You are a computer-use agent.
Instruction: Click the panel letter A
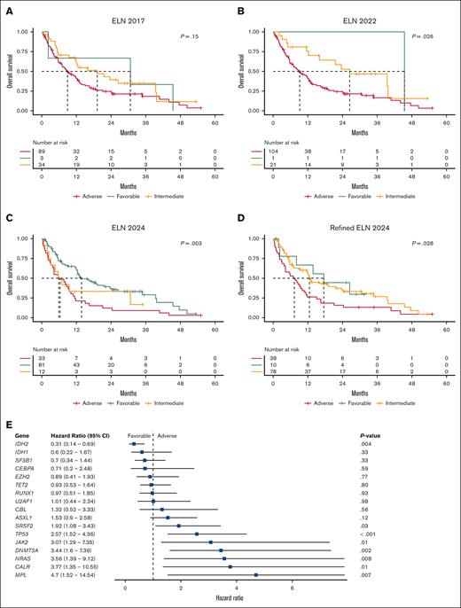(x=8, y=8)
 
